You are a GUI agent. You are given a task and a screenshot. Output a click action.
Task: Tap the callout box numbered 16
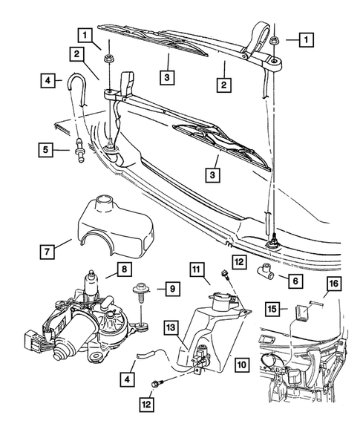click(333, 284)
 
